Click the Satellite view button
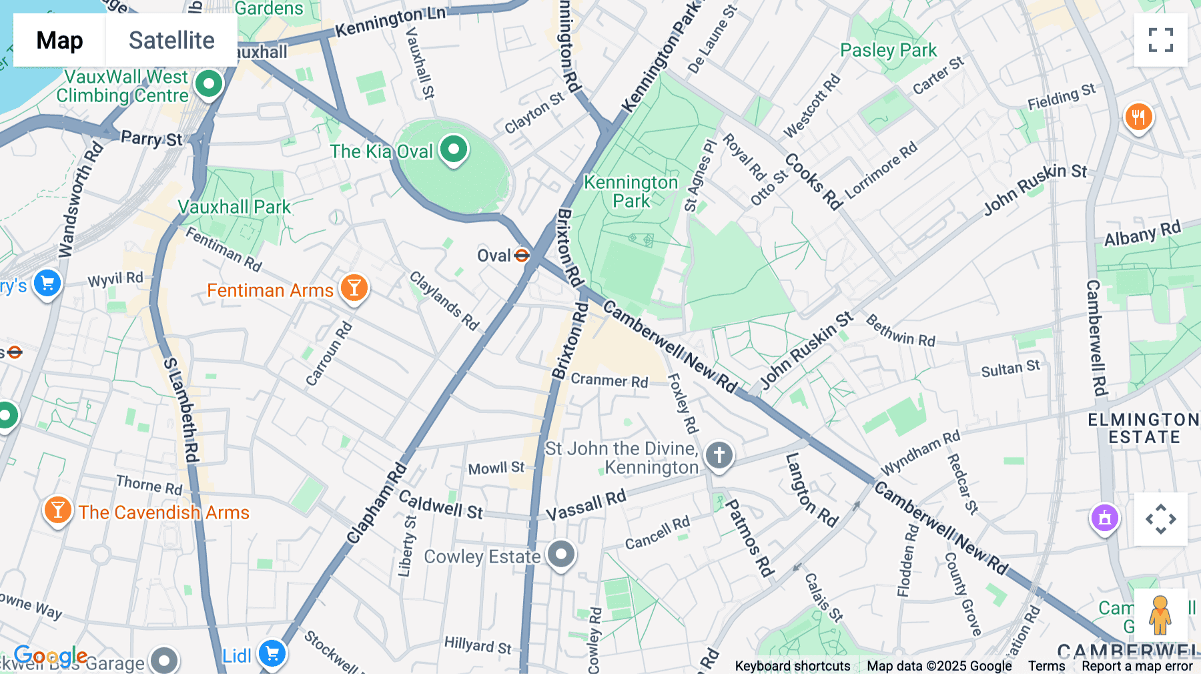tap(171, 40)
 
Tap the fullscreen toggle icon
tap(1160, 40)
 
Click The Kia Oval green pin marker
tap(454, 149)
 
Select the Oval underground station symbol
tap(522, 256)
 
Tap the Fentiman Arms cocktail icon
tap(354, 288)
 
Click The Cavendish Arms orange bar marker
tap(57, 511)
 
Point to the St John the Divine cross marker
tap(719, 456)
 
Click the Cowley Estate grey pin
tap(561, 554)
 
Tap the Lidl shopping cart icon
tap(272, 654)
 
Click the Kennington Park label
tap(631, 192)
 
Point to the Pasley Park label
tap(888, 51)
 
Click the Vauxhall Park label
tap(234, 207)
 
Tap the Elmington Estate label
tap(1144, 428)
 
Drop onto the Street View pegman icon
tap(1160, 615)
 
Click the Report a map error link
tap(1137, 666)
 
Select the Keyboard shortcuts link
tap(792, 666)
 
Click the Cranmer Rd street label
tap(609, 380)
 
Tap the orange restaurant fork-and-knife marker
tap(1138, 117)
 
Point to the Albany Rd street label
tap(1142, 234)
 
